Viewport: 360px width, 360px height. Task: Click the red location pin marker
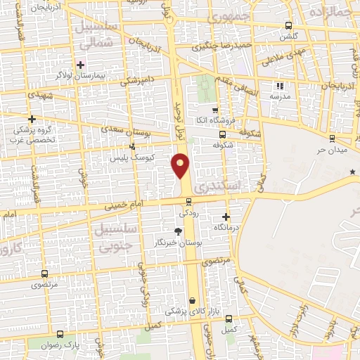click(x=181, y=165)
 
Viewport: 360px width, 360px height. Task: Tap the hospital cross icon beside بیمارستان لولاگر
click(x=81, y=65)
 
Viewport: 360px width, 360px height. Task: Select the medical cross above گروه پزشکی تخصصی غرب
click(x=32, y=119)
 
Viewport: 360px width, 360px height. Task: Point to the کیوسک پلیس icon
click(x=131, y=146)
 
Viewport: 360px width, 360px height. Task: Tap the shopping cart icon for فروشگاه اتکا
click(x=215, y=110)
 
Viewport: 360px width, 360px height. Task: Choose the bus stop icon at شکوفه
click(x=222, y=135)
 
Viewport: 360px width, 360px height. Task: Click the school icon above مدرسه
click(x=280, y=86)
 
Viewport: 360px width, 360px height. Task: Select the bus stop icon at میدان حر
click(x=331, y=138)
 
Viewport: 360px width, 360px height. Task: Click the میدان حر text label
click(x=331, y=149)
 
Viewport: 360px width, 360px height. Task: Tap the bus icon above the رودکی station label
click(x=187, y=200)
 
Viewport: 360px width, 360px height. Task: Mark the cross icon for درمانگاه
click(x=226, y=217)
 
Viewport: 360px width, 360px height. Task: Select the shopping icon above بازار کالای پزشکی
click(x=191, y=300)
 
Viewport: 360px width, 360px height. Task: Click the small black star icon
click(x=352, y=172)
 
